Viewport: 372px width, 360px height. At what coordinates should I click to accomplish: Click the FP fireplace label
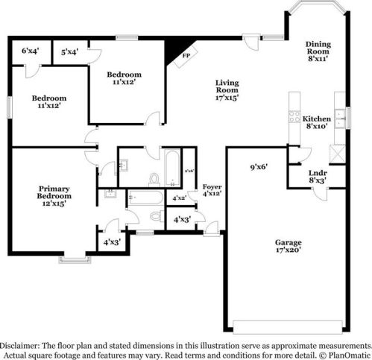pyautogui.click(x=186, y=56)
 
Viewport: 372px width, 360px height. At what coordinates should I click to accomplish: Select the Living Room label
pyautogui.click(x=227, y=89)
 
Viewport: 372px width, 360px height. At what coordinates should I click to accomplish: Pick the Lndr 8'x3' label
pyautogui.click(x=318, y=176)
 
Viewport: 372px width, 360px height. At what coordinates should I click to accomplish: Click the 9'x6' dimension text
pyautogui.click(x=259, y=167)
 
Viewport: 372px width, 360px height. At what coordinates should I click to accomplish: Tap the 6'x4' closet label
pyautogui.click(x=31, y=51)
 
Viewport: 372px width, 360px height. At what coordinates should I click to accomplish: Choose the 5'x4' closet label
pyautogui.click(x=70, y=51)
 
